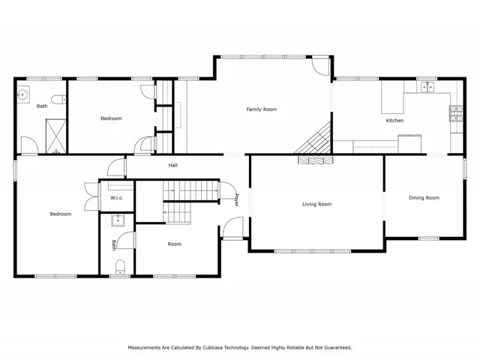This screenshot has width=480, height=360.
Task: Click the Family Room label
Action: pos(262,109)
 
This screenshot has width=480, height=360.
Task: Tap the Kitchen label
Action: pos(394,120)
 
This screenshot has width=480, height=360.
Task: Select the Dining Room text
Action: pos(424,198)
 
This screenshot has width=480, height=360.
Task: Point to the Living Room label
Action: pos(316,204)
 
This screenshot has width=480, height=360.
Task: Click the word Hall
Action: pos(172,165)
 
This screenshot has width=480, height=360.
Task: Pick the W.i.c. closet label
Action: pos(117,198)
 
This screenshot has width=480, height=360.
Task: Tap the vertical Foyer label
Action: pos(236,200)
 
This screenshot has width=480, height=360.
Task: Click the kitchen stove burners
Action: pos(455,113)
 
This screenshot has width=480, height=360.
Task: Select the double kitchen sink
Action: pos(427,88)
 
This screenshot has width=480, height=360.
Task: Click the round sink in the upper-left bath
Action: pos(23,94)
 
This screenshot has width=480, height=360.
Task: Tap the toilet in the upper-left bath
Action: pos(57,98)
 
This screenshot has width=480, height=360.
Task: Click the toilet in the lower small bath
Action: pos(120,266)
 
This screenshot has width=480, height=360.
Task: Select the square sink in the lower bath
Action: pos(117,220)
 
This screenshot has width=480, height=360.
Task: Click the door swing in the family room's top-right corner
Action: pos(321,66)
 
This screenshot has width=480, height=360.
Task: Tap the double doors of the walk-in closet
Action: pos(91,196)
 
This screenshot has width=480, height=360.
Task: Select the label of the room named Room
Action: pos(174,244)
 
